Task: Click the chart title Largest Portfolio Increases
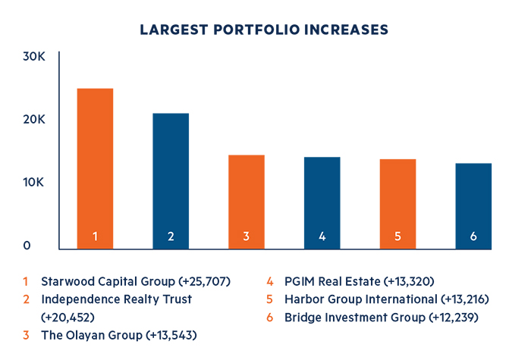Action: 265,30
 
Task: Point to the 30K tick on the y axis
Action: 36,57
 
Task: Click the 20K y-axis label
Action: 36,120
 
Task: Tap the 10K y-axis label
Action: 36,183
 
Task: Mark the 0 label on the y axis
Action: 28,246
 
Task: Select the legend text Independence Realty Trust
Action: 116,299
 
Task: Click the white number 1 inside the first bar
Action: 95,236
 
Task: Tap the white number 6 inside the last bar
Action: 473,236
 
